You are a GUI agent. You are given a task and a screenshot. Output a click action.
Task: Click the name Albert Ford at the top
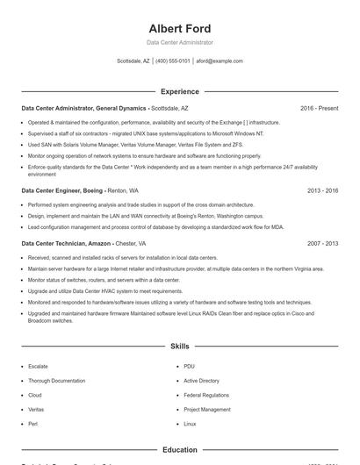tap(179, 28)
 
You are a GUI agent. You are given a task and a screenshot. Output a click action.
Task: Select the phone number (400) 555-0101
tap(173, 61)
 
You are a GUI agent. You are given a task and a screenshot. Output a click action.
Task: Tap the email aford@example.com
tap(220, 61)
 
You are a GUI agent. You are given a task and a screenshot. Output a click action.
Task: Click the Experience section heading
tap(179, 91)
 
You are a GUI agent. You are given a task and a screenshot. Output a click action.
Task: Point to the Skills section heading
tap(179, 347)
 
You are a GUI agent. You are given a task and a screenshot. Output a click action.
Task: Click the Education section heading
tap(179, 450)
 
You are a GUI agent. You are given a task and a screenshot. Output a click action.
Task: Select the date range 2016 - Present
tap(319, 108)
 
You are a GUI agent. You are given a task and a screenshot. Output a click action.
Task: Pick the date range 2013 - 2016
tap(322, 190)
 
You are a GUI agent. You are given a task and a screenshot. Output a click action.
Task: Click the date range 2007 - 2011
tap(322, 243)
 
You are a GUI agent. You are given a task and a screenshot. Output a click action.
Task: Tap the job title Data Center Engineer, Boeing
tap(62, 190)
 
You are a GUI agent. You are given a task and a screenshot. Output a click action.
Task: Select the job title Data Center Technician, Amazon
tap(67, 243)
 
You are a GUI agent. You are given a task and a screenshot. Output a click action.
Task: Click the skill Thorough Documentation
tap(56, 381)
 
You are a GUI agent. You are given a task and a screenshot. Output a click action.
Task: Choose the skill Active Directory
tap(201, 381)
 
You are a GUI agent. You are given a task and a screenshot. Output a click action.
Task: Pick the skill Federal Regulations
tap(205, 395)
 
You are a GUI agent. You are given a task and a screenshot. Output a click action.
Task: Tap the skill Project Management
tap(207, 410)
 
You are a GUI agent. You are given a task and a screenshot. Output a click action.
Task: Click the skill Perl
tap(32, 424)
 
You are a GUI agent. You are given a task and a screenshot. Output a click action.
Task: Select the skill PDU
tap(189, 366)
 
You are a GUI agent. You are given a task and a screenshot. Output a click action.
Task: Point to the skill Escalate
tap(38, 366)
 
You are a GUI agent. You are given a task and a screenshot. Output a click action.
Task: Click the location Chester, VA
tap(131, 243)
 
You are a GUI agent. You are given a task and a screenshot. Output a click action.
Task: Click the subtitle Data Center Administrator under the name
tap(179, 42)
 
